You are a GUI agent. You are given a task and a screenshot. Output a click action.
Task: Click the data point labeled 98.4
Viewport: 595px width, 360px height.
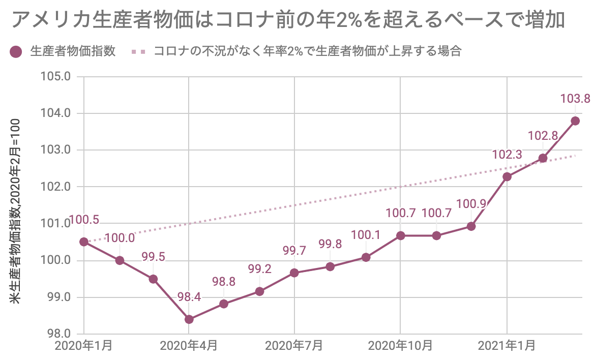(189, 319)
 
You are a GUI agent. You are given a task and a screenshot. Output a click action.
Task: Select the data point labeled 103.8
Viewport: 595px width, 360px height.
(575, 121)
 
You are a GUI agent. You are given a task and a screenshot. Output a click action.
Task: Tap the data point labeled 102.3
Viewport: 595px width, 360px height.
(507, 176)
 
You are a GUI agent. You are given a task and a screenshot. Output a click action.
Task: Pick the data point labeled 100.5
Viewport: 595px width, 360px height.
(84, 242)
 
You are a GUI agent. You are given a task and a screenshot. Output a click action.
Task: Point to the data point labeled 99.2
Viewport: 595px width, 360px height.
(259, 291)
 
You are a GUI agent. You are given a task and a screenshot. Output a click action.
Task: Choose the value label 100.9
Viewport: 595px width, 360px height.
(471, 204)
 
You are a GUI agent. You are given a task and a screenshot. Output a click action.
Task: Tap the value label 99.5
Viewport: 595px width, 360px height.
(153, 257)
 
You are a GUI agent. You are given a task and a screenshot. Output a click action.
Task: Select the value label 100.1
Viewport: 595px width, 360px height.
(366, 235)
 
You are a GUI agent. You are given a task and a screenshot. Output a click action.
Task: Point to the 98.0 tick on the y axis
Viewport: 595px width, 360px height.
(58, 334)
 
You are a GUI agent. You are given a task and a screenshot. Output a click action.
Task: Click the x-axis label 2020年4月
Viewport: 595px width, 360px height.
(189, 346)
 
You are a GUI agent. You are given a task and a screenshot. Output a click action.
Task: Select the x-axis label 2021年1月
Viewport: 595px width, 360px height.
(507, 346)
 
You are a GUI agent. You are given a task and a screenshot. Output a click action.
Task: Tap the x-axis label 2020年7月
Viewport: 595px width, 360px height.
(294, 346)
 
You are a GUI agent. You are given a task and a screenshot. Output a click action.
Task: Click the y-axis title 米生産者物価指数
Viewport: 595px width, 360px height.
(16, 211)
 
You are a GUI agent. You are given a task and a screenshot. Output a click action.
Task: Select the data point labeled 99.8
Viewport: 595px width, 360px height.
(330, 266)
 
